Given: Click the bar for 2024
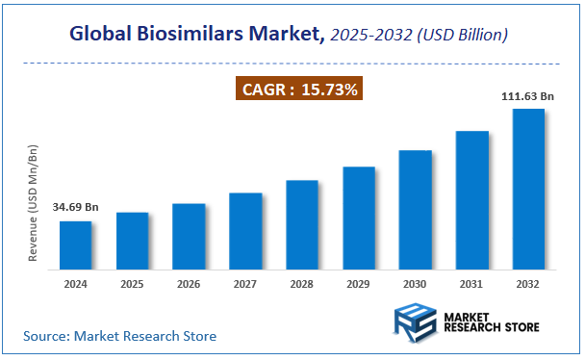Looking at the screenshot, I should (76, 246).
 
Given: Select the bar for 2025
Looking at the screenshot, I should (133, 242).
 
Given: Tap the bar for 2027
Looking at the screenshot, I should (245, 232).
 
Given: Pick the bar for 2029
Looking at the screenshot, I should (359, 219).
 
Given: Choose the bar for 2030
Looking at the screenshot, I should (415, 211).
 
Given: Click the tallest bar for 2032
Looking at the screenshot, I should (528, 190).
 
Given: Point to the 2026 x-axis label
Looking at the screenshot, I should (189, 284).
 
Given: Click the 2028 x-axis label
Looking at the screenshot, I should (302, 284).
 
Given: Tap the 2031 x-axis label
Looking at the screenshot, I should (471, 284).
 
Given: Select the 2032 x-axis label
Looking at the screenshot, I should (528, 284).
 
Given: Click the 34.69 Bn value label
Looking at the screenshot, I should (76, 208).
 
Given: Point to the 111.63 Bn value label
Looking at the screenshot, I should (528, 96).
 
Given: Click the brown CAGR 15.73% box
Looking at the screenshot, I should (299, 90).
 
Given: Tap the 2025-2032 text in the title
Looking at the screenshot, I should (363, 35).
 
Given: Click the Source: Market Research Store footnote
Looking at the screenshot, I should (120, 336).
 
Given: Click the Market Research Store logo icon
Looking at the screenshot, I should (414, 323).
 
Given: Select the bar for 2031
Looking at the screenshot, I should (471, 201).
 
